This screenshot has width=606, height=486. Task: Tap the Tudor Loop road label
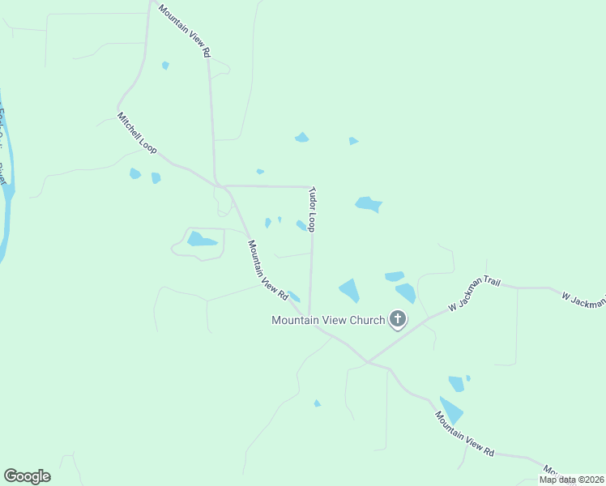(311, 210)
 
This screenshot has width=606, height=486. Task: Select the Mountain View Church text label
(327, 320)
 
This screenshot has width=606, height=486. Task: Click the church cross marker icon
(397, 319)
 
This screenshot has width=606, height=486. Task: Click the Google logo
(27, 476)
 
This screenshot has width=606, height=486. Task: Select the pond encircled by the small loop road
(201, 239)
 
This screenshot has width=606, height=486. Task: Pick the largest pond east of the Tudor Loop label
(369, 204)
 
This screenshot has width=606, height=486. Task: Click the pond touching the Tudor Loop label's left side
(301, 225)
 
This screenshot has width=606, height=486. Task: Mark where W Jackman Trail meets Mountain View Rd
(367, 361)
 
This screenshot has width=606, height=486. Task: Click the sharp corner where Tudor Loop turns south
(309, 187)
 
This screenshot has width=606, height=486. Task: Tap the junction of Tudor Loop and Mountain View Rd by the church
(309, 315)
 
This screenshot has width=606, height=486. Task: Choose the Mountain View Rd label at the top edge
(185, 30)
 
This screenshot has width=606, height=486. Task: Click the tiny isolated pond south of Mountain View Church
(317, 403)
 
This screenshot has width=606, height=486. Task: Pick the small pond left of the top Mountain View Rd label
(165, 65)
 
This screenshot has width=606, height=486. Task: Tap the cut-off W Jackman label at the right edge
(583, 297)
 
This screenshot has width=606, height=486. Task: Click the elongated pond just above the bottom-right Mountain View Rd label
(450, 410)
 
